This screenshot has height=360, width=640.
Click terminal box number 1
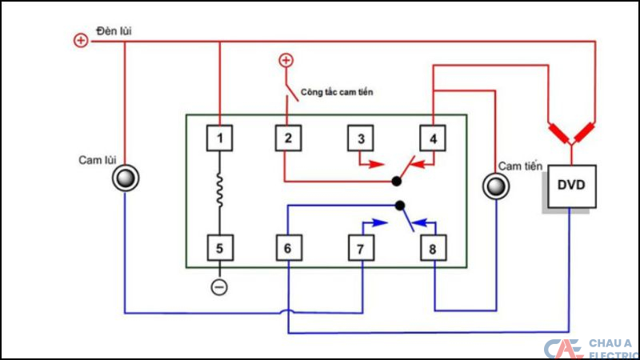pyautogui.click(x=220, y=138)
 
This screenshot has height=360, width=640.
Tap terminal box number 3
pyautogui.click(x=361, y=138)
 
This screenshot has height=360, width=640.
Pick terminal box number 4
pyautogui.click(x=433, y=138)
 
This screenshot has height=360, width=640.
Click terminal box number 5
pyautogui.click(x=220, y=248)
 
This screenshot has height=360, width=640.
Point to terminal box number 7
pyautogui.click(x=361, y=249)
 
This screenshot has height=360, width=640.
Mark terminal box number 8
pyautogui.click(x=433, y=249)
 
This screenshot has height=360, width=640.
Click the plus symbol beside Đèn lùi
pyautogui.click(x=81, y=40)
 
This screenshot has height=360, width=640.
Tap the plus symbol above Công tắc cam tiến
pyautogui.click(x=285, y=60)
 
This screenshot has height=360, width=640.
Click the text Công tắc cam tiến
pyautogui.click(x=336, y=92)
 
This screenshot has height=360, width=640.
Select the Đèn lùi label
pyautogui.click(x=114, y=30)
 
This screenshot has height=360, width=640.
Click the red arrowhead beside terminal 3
pyautogui.click(x=381, y=166)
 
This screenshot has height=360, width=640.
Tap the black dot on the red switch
pyautogui.click(x=397, y=182)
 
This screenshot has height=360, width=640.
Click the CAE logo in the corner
pyautogui.click(x=562, y=349)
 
